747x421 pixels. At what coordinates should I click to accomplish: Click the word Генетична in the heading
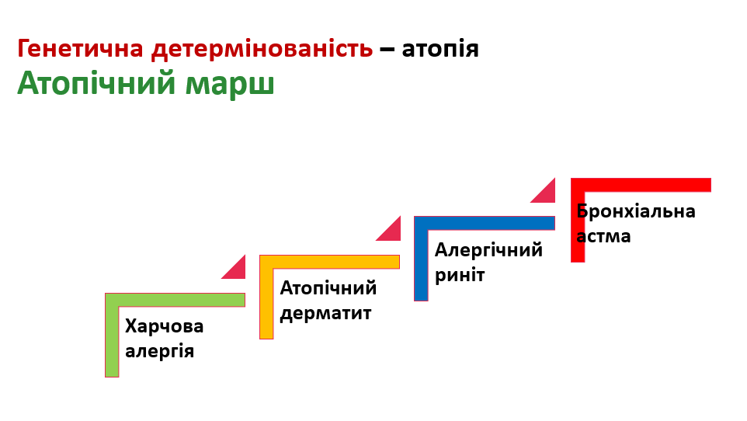(82, 49)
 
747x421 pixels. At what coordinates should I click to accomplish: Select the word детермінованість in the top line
(262, 49)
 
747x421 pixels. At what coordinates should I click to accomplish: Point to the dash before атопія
(387, 50)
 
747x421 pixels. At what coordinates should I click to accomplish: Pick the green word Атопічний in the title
(96, 83)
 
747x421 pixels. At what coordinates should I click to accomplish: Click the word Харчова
(165, 326)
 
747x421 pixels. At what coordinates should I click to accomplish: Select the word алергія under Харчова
(160, 350)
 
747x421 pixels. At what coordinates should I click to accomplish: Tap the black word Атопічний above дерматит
(328, 288)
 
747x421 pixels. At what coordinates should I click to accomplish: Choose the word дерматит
(326, 313)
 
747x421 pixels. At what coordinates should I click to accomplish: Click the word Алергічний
(488, 250)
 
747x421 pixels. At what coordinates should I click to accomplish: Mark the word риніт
(460, 274)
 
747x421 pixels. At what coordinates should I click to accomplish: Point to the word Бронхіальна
(636, 211)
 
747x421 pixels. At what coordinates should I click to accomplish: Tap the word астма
(604, 235)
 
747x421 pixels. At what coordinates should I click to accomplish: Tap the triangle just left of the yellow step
(237, 270)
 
